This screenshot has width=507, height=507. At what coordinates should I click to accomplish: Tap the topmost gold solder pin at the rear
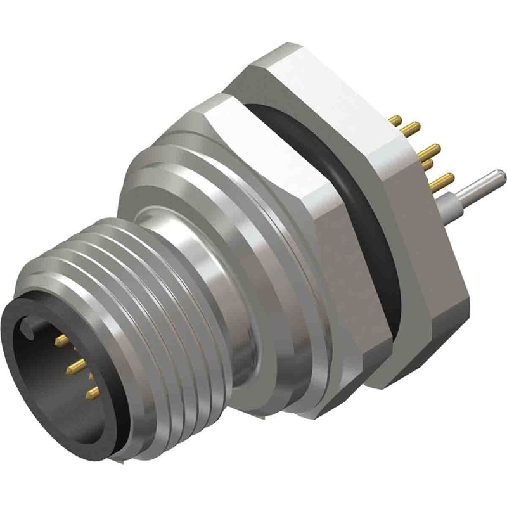pos(395,119)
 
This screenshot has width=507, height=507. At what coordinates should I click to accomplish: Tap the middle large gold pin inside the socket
pos(77,364)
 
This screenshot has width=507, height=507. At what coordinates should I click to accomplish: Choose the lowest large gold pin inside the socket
pos(92,393)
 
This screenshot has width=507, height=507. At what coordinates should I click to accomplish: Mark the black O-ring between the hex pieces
pos(380,209)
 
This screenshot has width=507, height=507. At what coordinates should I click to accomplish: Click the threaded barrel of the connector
pos(158,317)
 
